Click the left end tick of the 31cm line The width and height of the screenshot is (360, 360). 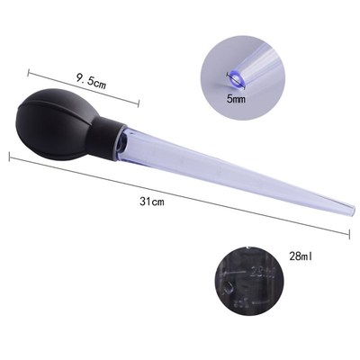click(x=10, y=157)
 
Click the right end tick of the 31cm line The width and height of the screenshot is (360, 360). click(x=348, y=236)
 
